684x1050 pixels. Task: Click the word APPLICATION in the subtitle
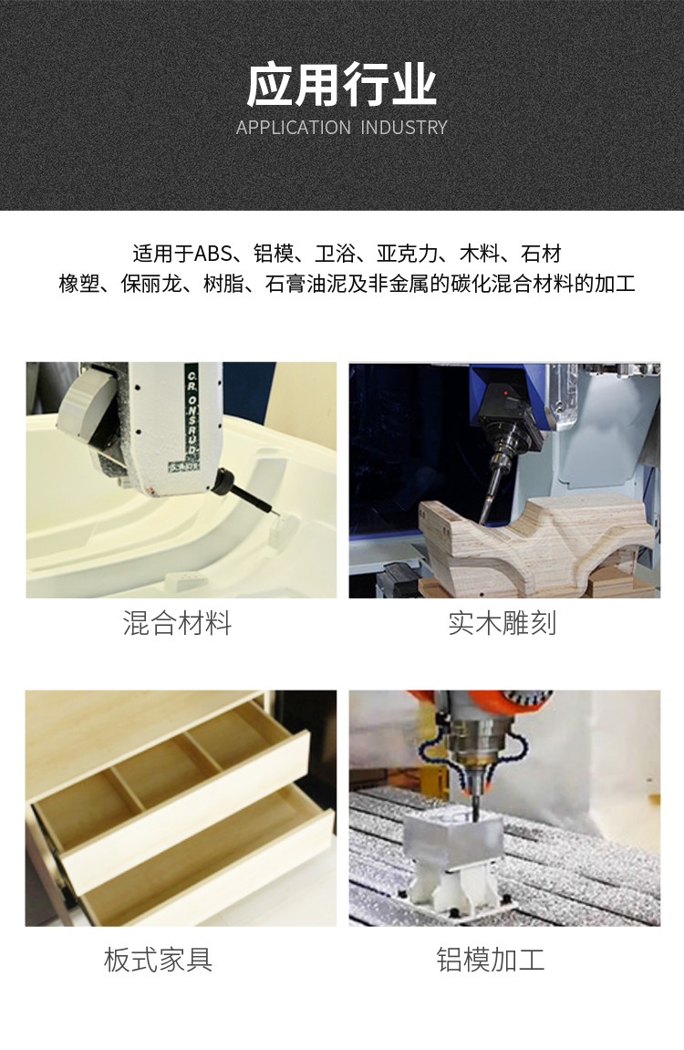click(293, 127)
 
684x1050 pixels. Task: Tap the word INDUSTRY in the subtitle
click(404, 127)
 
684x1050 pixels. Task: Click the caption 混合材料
click(177, 623)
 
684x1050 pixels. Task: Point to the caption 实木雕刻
click(503, 623)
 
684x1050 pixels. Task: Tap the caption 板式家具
click(159, 959)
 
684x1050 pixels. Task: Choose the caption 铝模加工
click(491, 959)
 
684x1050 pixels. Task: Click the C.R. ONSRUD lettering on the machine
click(192, 415)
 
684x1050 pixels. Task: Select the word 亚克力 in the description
click(407, 254)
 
